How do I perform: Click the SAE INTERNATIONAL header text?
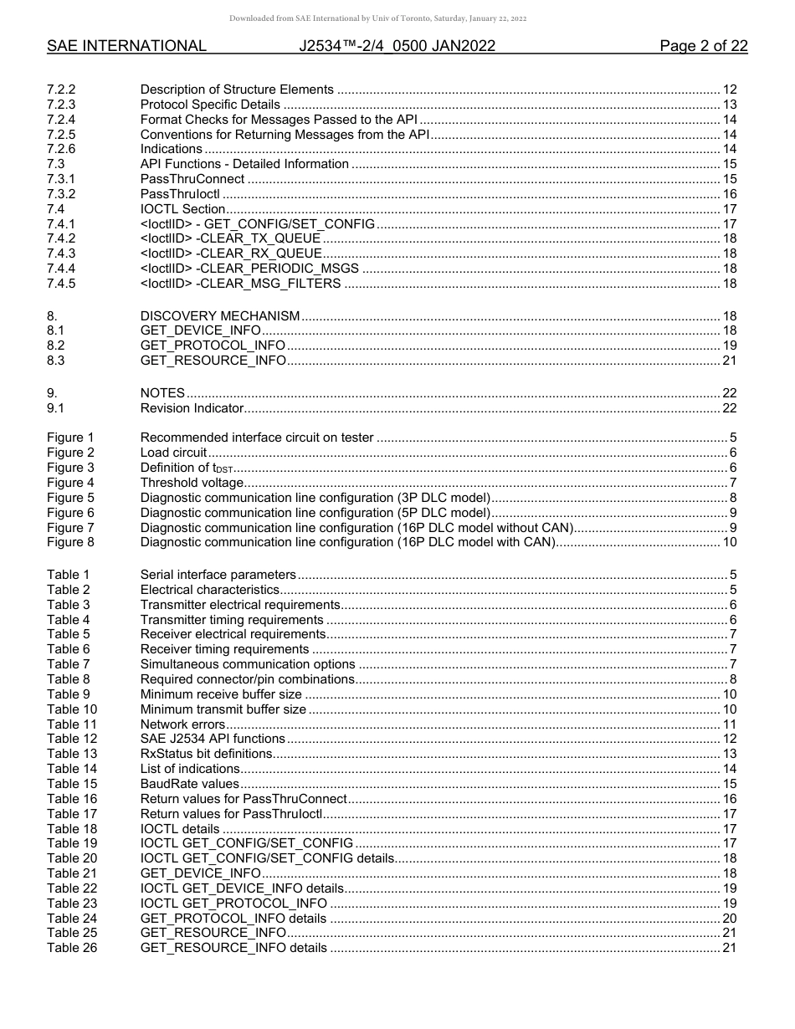click(126, 46)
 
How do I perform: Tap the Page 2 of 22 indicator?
click(703, 46)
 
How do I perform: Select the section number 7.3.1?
click(61, 179)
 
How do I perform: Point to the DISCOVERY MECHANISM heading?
click(219, 315)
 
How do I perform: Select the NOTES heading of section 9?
click(162, 393)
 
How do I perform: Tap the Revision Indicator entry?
click(192, 408)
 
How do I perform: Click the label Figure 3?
click(70, 468)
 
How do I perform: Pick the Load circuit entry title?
click(173, 453)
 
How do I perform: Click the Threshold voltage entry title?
click(192, 483)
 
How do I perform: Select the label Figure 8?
click(70, 542)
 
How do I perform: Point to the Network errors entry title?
click(182, 724)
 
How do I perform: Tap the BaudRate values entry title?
click(189, 784)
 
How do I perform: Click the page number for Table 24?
click(729, 919)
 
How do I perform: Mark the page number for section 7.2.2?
click(729, 90)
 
